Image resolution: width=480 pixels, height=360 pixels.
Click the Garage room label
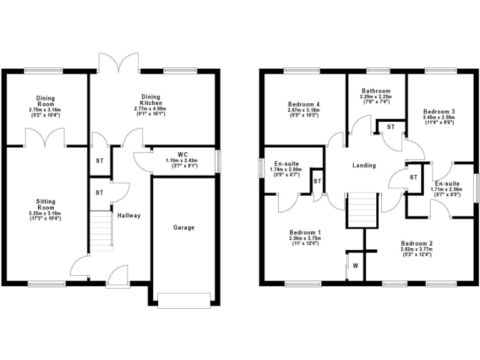[x=184, y=227]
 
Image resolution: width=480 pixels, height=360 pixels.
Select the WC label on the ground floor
[x=182, y=154]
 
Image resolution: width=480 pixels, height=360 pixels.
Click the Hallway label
[x=129, y=216]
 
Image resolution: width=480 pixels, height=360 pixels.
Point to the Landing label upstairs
[x=364, y=166]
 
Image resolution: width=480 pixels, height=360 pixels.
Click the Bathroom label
[x=375, y=91]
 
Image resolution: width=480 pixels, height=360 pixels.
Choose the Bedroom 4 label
[x=304, y=104]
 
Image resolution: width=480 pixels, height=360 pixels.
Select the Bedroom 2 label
[x=417, y=243]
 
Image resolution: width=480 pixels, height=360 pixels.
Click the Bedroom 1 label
[x=304, y=232]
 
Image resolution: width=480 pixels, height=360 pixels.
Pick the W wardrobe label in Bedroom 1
[x=356, y=266]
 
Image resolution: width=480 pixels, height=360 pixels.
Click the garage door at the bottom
[x=184, y=301]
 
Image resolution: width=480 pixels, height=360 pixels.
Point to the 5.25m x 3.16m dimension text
[x=46, y=214]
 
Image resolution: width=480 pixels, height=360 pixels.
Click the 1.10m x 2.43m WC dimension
[x=182, y=161]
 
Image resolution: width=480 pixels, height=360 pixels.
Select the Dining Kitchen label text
[x=151, y=100]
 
